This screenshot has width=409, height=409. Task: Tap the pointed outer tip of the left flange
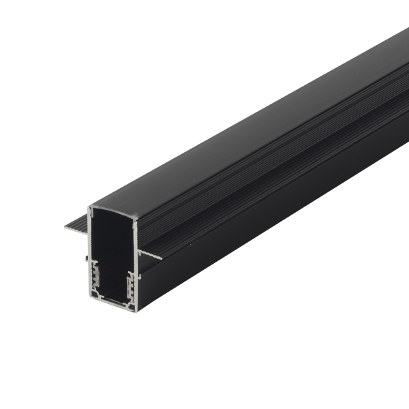[66, 228]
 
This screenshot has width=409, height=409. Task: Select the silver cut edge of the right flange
[150, 254]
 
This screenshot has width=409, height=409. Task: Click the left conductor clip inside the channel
[96, 276]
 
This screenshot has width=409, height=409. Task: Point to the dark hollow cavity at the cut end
[112, 239]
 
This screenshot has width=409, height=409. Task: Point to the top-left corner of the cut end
[90, 206]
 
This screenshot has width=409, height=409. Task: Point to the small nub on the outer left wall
[86, 260]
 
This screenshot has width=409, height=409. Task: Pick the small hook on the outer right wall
[140, 275]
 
